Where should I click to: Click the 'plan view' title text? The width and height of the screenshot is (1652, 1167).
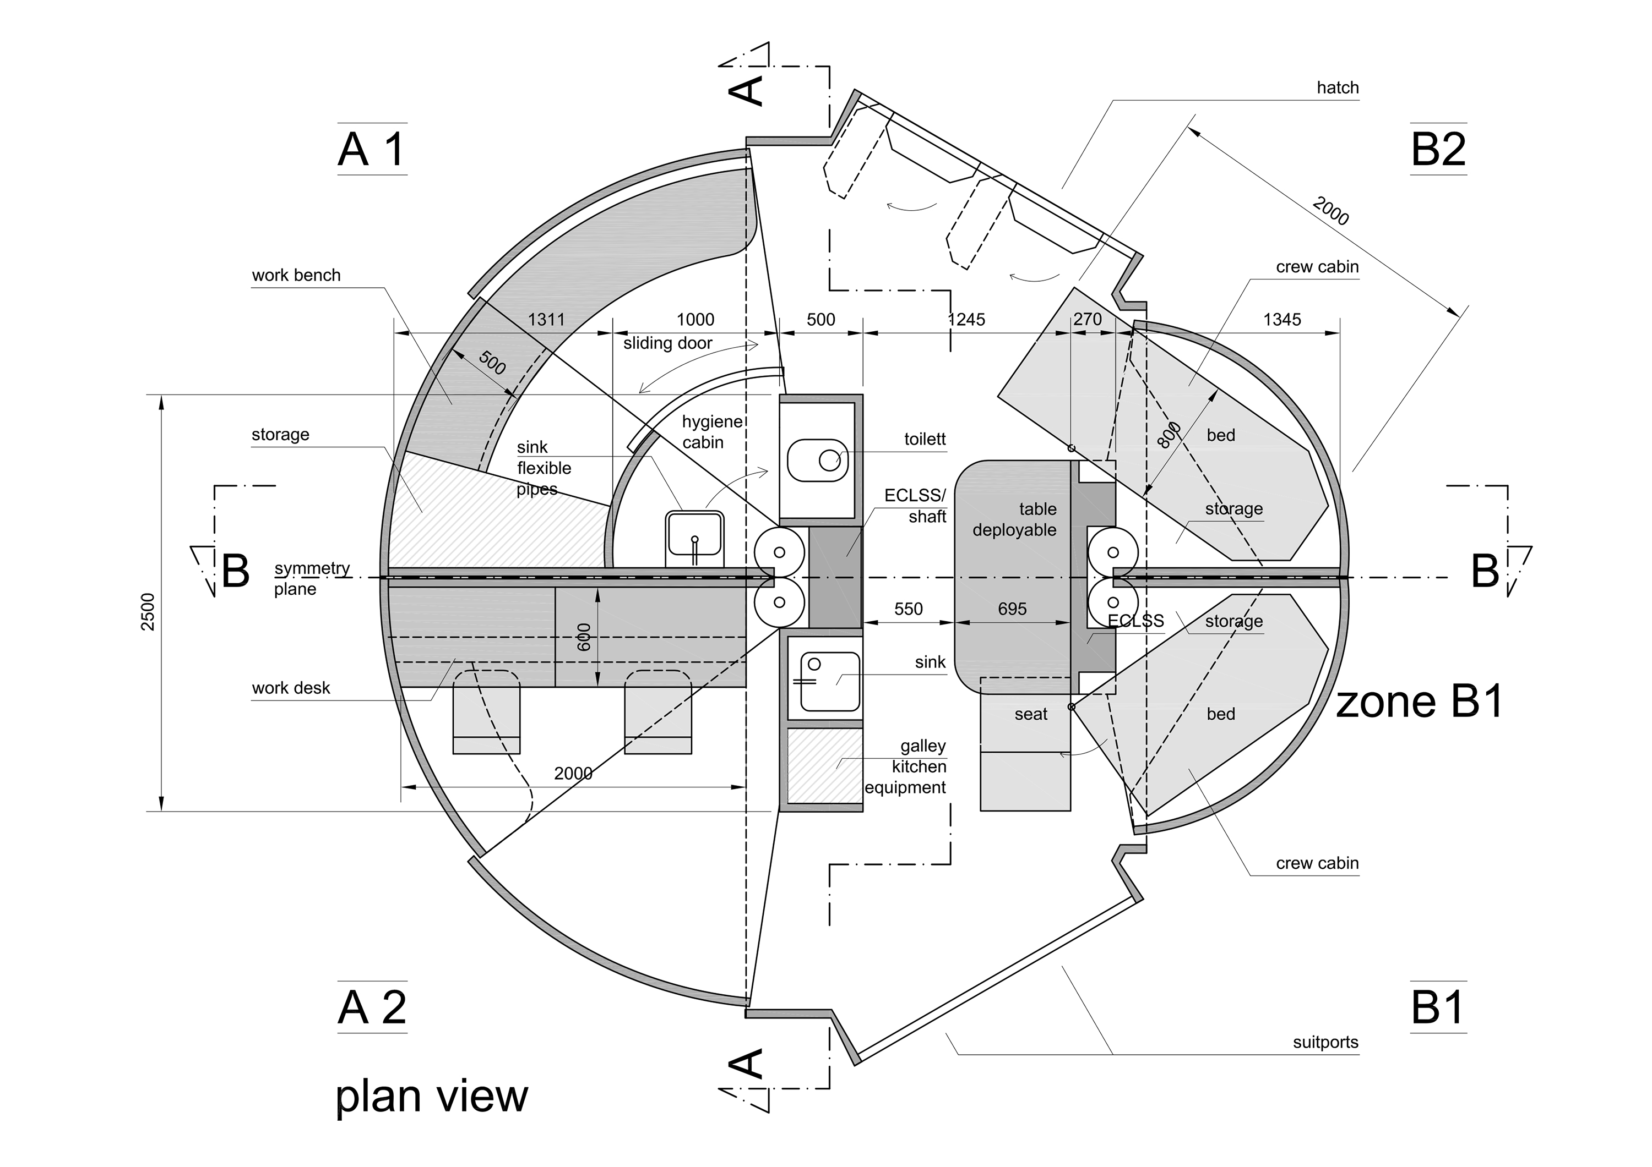click(432, 1097)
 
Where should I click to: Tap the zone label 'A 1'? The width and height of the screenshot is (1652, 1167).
click(372, 150)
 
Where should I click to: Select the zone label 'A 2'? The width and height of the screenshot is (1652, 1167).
click(372, 1007)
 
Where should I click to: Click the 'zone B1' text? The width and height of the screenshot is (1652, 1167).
click(1419, 703)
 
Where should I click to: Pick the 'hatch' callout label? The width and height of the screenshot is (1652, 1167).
click(1337, 87)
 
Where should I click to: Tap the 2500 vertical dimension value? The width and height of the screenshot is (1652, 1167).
click(148, 611)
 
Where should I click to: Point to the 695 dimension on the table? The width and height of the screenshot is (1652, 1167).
click(1012, 609)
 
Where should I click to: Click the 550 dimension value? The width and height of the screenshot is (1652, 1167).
click(908, 609)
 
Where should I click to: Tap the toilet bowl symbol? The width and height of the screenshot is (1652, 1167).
click(818, 460)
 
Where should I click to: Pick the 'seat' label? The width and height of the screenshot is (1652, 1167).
click(1030, 714)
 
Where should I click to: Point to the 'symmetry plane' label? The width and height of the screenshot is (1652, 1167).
click(311, 578)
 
